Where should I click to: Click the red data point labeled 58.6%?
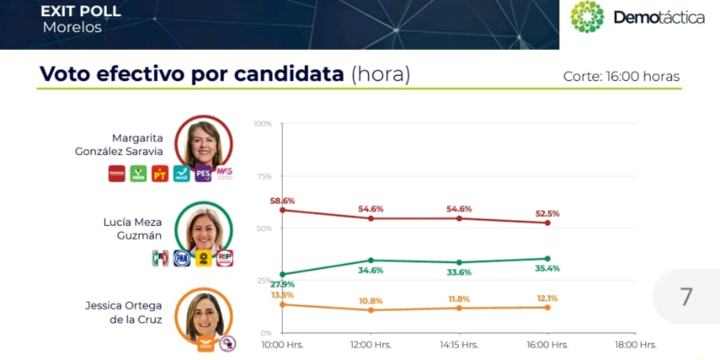coord(283,209)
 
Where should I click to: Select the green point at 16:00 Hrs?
coord(547,259)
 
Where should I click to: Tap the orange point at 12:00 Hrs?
coord(371,310)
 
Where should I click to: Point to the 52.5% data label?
coord(547,213)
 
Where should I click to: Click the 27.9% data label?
coord(283,284)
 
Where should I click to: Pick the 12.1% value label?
coord(547,298)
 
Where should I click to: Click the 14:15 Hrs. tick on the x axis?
coord(459,345)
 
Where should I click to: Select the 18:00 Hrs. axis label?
coord(635,345)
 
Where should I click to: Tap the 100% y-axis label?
coord(262,124)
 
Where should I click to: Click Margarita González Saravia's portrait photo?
coord(203,143)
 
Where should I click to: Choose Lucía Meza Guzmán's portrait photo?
coord(203,230)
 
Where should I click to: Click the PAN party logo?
coord(182,258)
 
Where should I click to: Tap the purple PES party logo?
coord(203,173)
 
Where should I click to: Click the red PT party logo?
coord(160,173)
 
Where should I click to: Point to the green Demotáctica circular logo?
coord(587,17)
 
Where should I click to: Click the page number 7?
coord(686,297)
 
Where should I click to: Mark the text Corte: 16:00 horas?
coord(621,77)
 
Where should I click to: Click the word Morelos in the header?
coord(72,28)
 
